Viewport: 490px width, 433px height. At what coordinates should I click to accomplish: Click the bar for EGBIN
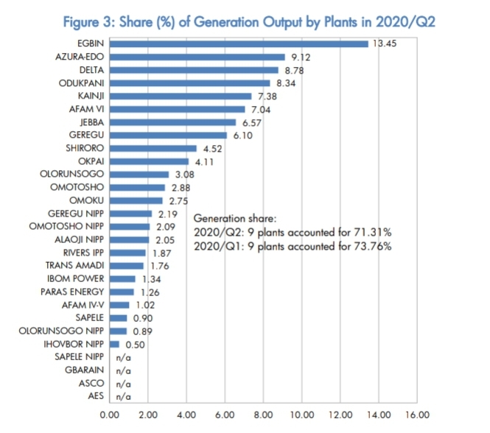238,43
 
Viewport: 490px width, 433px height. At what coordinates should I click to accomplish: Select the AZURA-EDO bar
197,57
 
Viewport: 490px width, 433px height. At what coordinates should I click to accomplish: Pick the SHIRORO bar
153,148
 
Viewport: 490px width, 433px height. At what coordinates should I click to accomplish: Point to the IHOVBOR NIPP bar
114,344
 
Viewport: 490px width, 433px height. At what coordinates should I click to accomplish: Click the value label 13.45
385,43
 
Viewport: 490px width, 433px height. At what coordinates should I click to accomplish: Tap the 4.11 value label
203,161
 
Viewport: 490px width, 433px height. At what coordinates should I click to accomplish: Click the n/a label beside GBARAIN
123,371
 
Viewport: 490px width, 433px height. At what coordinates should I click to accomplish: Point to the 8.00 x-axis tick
263,414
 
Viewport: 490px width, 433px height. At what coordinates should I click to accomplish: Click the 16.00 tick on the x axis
417,414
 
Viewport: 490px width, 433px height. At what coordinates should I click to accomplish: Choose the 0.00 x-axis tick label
109,414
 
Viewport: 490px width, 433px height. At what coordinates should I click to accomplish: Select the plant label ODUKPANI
82,82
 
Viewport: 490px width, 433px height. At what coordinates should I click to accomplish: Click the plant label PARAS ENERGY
72,292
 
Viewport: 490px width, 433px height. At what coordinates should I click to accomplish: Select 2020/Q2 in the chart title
405,22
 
